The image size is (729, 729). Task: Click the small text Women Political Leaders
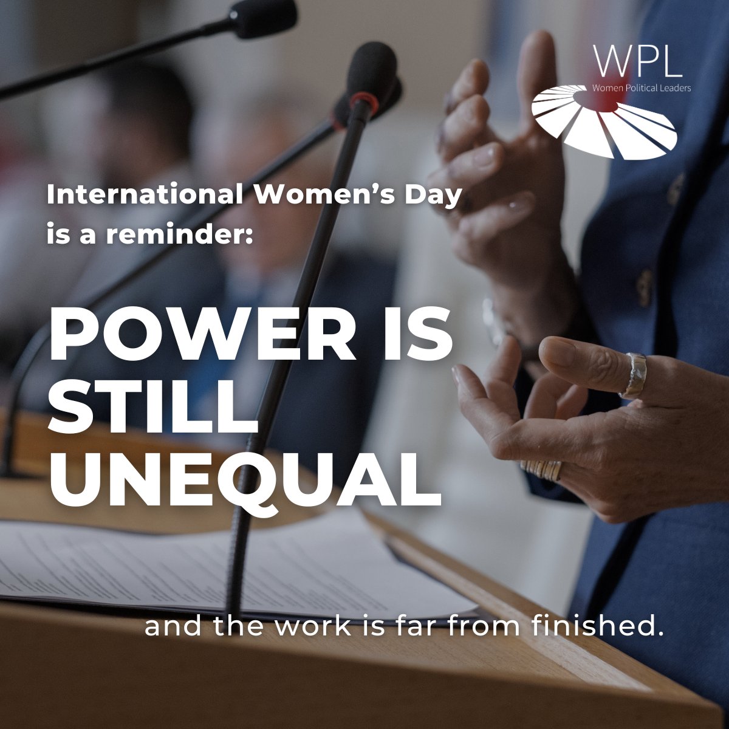[x=642, y=88]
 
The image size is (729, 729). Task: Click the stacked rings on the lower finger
[x=541, y=468]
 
